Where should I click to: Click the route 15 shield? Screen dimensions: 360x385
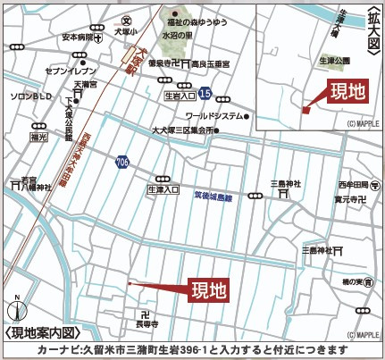pos(205,93)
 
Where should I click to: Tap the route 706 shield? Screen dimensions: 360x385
pos(121,162)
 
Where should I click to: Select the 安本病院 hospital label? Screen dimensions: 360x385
pos(79,38)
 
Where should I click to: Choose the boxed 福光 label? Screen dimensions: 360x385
pos(38,138)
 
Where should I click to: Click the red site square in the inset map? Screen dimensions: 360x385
pos(305,111)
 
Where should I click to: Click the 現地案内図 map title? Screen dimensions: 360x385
pos(39,331)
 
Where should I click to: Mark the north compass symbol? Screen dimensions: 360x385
pos(16,309)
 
